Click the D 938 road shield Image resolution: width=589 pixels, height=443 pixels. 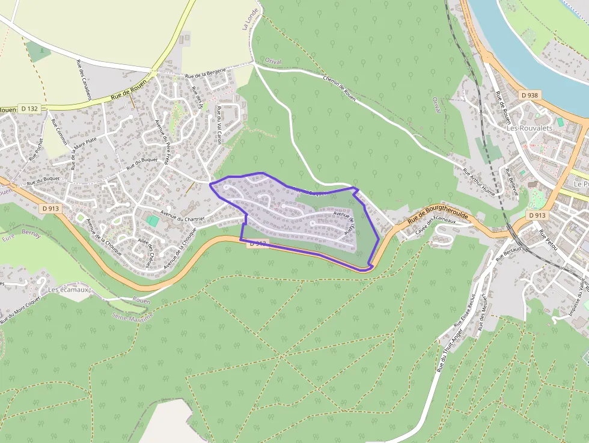pos(529,95)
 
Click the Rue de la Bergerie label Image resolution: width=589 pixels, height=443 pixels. pos(206,73)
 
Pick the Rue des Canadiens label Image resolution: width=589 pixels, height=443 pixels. pos(84,79)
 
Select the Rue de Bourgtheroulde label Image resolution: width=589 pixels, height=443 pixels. pos(438,214)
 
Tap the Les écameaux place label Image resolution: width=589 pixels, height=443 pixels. pos(69,289)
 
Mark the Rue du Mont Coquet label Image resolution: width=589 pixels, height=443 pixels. pos(21,308)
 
